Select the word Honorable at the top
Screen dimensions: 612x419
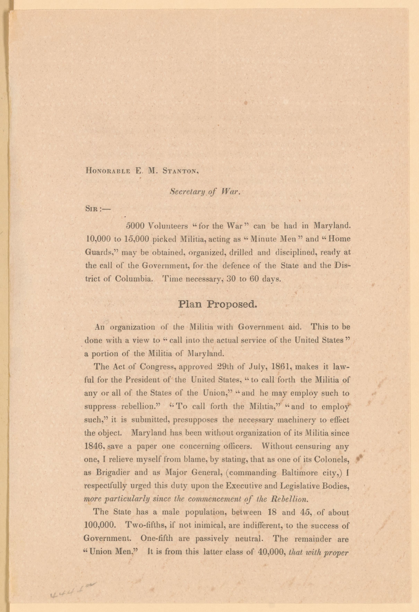point(108,170)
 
